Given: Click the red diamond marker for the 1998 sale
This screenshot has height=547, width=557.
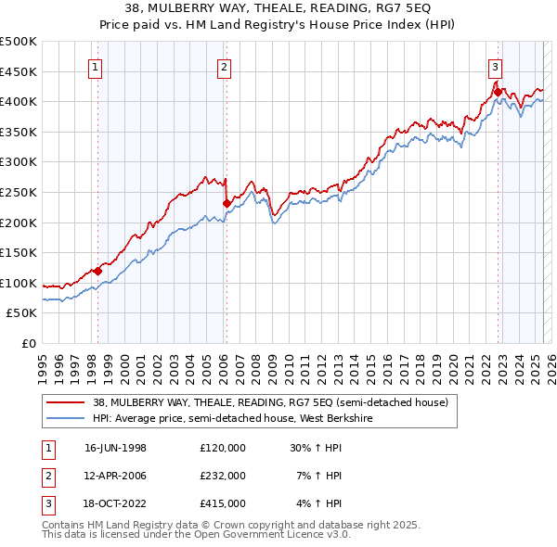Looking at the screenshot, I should pyautogui.click(x=97, y=271).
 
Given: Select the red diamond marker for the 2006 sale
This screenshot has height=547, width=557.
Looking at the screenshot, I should pyautogui.click(x=227, y=203).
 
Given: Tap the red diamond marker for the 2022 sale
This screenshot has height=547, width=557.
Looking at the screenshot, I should pyautogui.click(x=498, y=92).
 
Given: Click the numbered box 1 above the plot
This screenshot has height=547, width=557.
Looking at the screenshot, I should pyautogui.click(x=97, y=66).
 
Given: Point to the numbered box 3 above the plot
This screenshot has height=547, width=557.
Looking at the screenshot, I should pyautogui.click(x=496, y=66).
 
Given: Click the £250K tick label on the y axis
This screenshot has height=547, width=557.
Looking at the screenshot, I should pyautogui.click(x=19, y=192).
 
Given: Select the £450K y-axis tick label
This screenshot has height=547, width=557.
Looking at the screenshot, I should pyautogui.click(x=19, y=71).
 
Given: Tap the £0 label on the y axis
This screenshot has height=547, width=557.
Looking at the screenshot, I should pyautogui.click(x=30, y=344).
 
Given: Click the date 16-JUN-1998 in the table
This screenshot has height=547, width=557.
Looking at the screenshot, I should pyautogui.click(x=115, y=447).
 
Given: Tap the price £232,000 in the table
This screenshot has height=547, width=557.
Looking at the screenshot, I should pyautogui.click(x=223, y=476).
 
